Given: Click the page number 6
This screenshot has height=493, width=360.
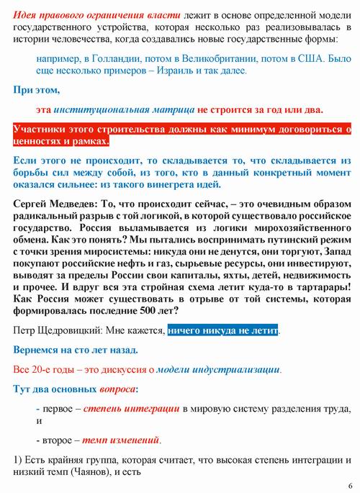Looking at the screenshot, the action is [x=349, y=484].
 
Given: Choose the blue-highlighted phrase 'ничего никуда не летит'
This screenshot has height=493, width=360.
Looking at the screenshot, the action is [x=222, y=330].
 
